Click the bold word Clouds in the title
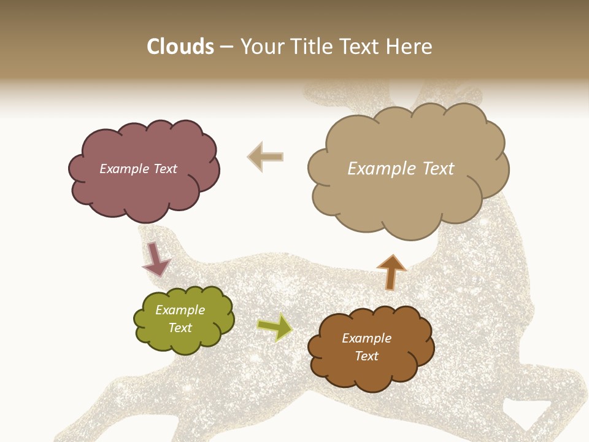180,47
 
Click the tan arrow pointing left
265,157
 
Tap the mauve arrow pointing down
156,258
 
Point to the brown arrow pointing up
391,271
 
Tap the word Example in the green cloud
180,310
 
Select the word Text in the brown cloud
366,356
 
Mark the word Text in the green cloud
180,328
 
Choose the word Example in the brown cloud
366,338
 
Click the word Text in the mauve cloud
164,169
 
